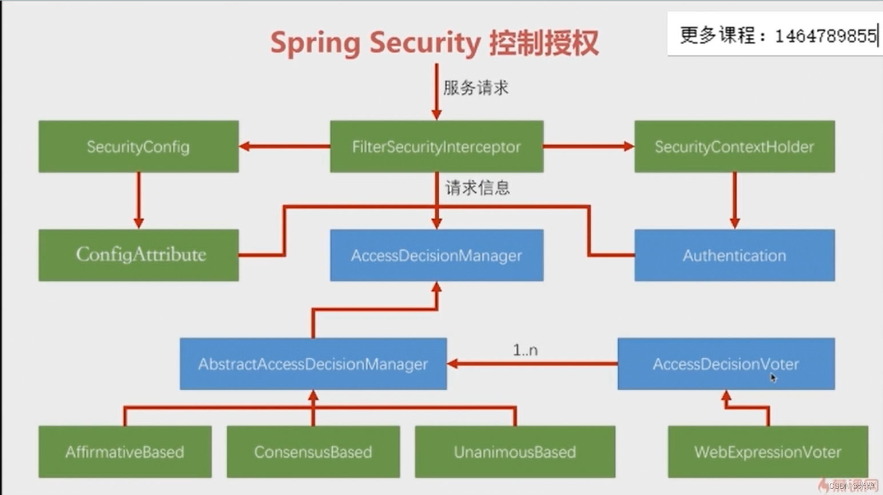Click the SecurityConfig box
pyautogui.click(x=138, y=146)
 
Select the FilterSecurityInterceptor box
pyautogui.click(x=436, y=146)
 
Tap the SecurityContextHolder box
pyautogui.click(x=734, y=146)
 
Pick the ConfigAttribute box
pyautogui.click(x=138, y=255)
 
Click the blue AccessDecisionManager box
pyautogui.click(x=436, y=255)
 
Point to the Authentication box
pyautogui.click(x=734, y=255)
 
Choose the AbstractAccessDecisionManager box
pyautogui.click(x=313, y=364)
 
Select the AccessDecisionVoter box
pyautogui.click(x=726, y=364)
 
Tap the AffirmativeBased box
pyautogui.click(x=125, y=452)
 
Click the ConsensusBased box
pyautogui.click(x=313, y=452)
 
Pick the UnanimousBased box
pyautogui.click(x=515, y=452)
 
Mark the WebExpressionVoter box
pyautogui.click(x=767, y=452)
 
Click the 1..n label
pyautogui.click(x=525, y=350)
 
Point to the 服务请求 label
pyautogui.click(x=476, y=88)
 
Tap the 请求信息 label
pyautogui.click(x=478, y=188)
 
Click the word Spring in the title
pyautogui.click(x=315, y=43)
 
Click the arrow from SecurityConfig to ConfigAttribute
pyautogui.click(x=138, y=200)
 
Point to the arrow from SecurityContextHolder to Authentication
pyautogui.click(x=735, y=200)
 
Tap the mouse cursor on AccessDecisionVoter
pyautogui.click(x=773, y=378)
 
